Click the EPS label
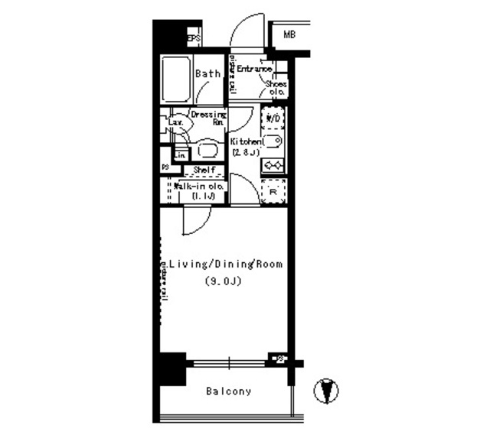[194, 37]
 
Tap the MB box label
[289, 34]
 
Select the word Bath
[207, 74]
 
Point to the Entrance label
[254, 69]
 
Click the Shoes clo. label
[276, 88]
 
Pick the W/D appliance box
[273, 118]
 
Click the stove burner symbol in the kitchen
[273, 164]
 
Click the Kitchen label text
[247, 142]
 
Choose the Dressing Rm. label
[207, 118]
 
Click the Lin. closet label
[180, 155]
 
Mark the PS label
[165, 167]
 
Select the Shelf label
[203, 170]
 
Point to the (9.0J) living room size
[223, 281]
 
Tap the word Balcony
[228, 391]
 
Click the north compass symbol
[327, 391]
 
